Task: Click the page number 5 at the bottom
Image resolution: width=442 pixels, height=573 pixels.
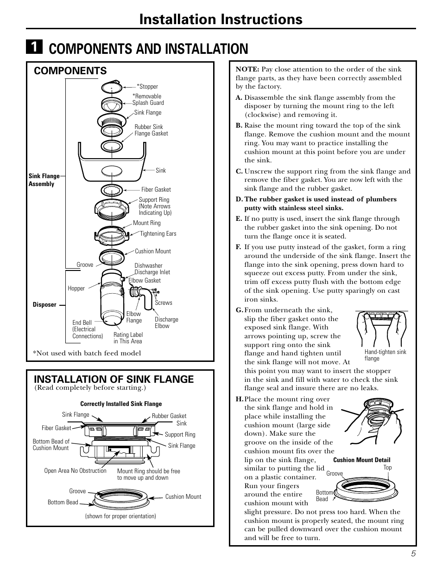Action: pyautogui.click(x=412, y=553)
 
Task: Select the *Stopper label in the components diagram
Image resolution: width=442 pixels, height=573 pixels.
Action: pyautogui.click(x=147, y=87)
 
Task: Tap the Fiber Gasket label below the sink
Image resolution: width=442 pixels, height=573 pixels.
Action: pyautogui.click(x=156, y=189)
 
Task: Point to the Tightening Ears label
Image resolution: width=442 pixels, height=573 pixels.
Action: pyautogui.click(x=158, y=234)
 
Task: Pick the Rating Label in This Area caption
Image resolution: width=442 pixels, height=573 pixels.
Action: pyautogui.click(x=128, y=338)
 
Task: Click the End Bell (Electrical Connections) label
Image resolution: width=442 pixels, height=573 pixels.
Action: pyautogui.click(x=87, y=329)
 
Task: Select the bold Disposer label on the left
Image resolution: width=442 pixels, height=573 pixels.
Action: pyautogui.click(x=44, y=305)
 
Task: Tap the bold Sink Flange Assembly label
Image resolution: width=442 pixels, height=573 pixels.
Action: pyautogui.click(x=44, y=180)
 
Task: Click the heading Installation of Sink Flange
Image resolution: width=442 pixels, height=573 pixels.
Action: pyautogui.click(x=114, y=379)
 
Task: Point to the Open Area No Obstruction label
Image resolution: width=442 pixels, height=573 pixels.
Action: pyautogui.click(x=75, y=470)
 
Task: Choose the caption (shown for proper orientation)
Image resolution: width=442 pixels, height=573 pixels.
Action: pyautogui.click(x=120, y=516)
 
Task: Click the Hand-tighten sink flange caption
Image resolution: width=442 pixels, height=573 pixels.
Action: pyautogui.click(x=385, y=355)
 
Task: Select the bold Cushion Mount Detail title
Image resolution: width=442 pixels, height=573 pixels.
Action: pyautogui.click(x=362, y=460)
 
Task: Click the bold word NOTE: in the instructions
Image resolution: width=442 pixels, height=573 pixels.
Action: pyautogui.click(x=247, y=70)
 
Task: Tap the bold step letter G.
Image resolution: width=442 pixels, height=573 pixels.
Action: pyautogui.click(x=239, y=310)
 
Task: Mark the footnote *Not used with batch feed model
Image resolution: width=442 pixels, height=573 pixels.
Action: pyautogui.click(x=87, y=353)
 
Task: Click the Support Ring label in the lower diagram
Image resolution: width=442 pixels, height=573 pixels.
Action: pyautogui.click(x=180, y=435)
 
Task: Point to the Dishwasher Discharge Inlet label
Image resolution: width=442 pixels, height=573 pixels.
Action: pyautogui.click(x=152, y=269)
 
